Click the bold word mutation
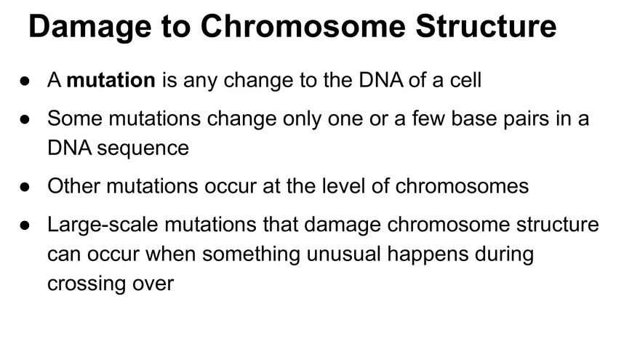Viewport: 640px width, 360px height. (111, 80)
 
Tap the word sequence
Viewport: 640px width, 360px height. (143, 148)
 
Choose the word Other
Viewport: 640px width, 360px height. (74, 186)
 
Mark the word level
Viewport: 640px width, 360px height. (370, 186)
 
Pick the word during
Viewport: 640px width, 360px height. (503, 255)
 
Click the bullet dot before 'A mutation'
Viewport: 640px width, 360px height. (25, 81)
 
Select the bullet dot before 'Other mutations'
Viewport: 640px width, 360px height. (25, 187)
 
